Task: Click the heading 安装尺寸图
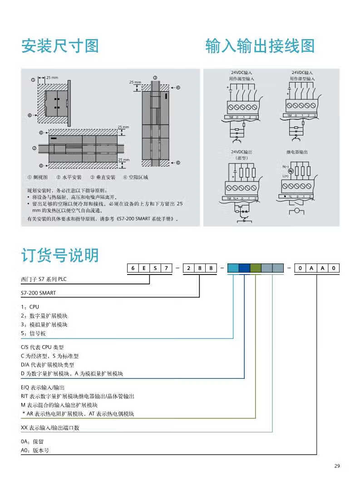(60, 46)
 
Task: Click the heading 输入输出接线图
(260, 46)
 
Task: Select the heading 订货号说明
(60, 255)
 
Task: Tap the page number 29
(336, 466)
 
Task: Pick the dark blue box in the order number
(244, 268)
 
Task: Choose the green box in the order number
(256, 268)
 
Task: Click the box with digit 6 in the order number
(133, 268)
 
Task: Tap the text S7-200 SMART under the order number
(39, 293)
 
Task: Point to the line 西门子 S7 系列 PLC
(47, 279)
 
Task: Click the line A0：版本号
(35, 451)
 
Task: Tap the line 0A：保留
(35, 441)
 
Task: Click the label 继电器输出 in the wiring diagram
(297, 152)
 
